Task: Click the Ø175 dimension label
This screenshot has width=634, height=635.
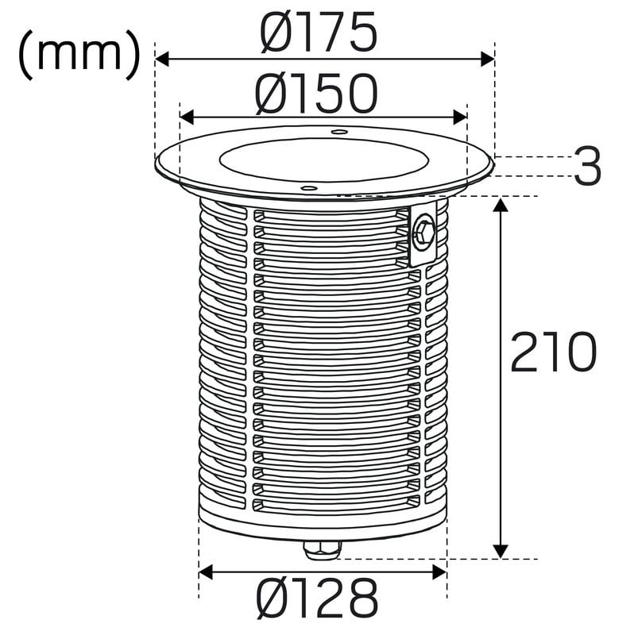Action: click(x=319, y=32)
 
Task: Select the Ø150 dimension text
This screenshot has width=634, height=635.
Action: click(x=316, y=94)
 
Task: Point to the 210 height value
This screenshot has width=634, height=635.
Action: click(x=553, y=352)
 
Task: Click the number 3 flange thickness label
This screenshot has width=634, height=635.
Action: click(x=587, y=166)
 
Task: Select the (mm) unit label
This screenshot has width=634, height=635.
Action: click(x=79, y=55)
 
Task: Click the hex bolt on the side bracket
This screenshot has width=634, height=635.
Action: click(x=423, y=233)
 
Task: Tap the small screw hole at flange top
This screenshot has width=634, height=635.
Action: click(x=339, y=132)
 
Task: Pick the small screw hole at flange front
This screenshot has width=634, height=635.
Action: click(x=309, y=188)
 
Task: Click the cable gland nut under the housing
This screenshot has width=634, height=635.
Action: click(x=323, y=549)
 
